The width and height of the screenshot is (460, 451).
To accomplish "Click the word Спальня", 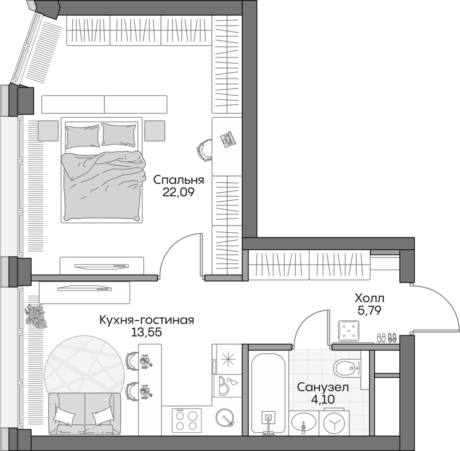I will point(178,180).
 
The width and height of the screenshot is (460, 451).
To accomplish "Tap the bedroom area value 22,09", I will point(178,192).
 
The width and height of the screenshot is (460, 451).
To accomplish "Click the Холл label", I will point(369,298).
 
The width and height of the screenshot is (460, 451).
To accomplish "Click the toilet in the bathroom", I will point(347,369).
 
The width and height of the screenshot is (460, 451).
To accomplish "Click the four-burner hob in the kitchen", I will point(186,420).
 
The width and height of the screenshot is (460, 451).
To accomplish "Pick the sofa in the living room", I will point(84,413).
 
